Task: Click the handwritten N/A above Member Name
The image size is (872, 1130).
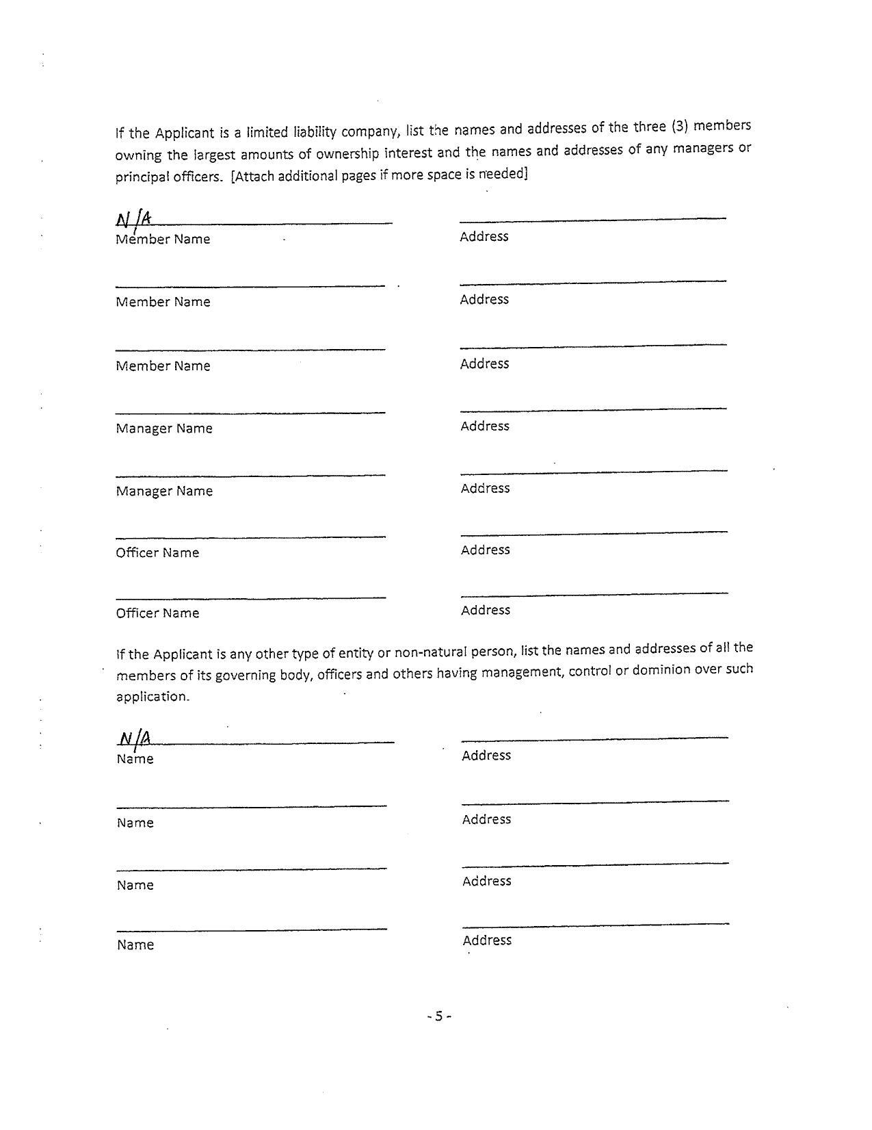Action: click(x=133, y=220)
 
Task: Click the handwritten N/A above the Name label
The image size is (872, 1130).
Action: click(x=134, y=739)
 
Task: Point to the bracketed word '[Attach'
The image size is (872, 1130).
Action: click(x=252, y=176)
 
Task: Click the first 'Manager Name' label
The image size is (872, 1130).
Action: click(x=164, y=428)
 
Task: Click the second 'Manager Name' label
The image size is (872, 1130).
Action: click(x=164, y=491)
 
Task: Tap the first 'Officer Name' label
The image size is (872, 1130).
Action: click(x=157, y=552)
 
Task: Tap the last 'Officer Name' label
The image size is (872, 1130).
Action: click(x=157, y=613)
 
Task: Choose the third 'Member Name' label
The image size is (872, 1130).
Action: click(x=163, y=365)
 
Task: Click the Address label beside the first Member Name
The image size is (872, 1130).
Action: click(x=484, y=236)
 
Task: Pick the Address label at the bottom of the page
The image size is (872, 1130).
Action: click(x=487, y=940)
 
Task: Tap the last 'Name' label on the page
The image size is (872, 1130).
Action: click(x=135, y=945)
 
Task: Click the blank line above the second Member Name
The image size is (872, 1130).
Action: click(x=250, y=286)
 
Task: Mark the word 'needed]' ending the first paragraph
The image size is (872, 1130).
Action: click(x=503, y=174)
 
